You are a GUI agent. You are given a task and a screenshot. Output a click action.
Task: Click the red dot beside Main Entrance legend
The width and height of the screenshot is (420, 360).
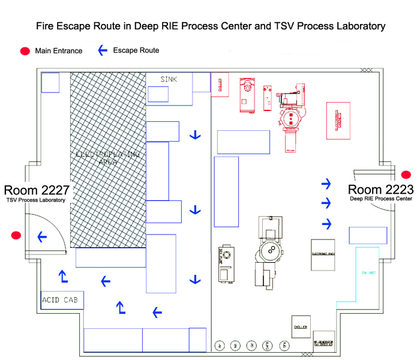pyautogui.click(x=25, y=51)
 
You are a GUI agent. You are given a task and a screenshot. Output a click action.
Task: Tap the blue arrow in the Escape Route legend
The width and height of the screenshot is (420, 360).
pyautogui.click(x=103, y=50)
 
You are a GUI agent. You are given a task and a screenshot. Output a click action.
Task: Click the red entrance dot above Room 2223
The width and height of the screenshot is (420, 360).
pyautogui.click(x=406, y=175)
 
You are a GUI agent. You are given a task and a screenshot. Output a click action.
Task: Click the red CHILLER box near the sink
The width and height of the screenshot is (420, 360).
pyautogui.click(x=220, y=85)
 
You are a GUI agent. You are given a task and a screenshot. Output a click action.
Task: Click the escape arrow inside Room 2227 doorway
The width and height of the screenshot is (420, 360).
pyautogui.click(x=42, y=238)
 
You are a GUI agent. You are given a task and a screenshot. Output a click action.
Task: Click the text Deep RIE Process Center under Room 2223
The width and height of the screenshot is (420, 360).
pyautogui.click(x=381, y=199)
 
